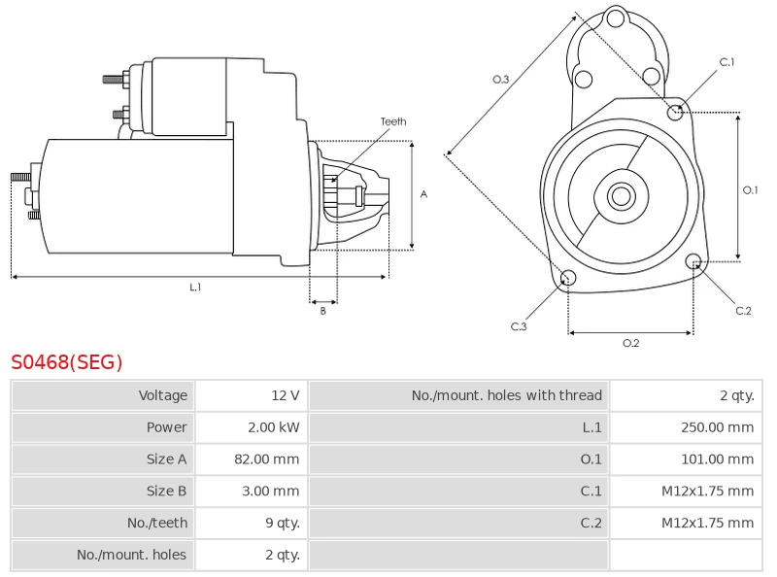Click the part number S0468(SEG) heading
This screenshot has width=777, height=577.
coord(67,362)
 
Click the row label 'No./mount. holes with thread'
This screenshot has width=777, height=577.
coord(506,395)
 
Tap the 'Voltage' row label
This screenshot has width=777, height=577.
coord(162,395)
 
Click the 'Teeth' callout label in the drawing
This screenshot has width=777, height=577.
coord(393,121)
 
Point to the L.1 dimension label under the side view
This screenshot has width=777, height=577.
coord(195,288)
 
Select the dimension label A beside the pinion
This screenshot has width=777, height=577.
coord(423,194)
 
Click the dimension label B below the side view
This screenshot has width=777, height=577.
coord(323,311)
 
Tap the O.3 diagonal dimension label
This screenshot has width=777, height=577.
coord(501,80)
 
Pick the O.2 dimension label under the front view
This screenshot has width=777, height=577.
coord(630,343)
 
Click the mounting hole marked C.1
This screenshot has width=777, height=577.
coord(676,112)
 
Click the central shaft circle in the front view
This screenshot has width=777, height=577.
coord(620,196)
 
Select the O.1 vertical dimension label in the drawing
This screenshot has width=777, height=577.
coord(750,190)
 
